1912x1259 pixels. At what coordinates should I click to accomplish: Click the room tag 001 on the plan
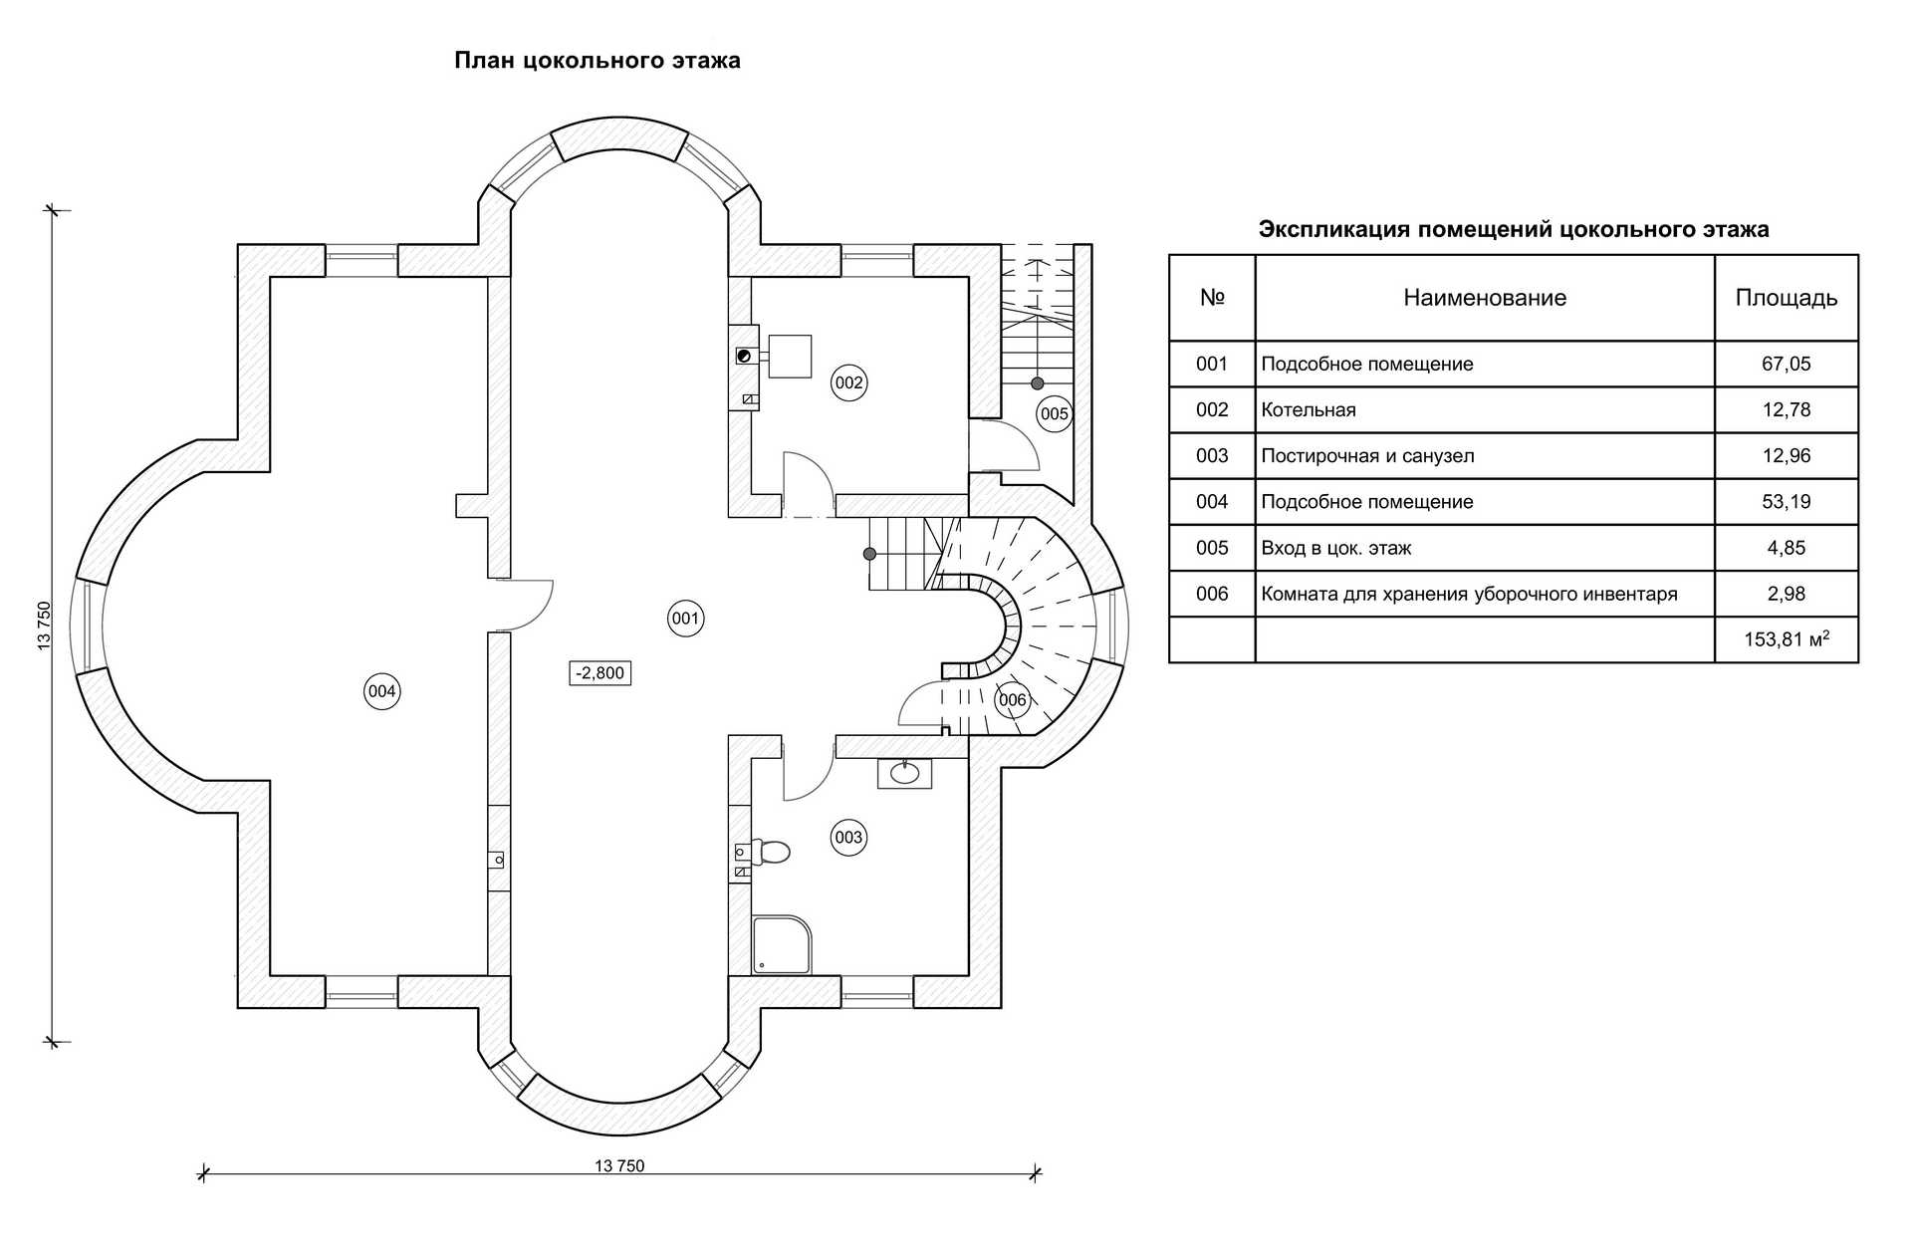(x=685, y=619)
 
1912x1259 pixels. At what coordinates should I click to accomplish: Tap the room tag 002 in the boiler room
(x=848, y=382)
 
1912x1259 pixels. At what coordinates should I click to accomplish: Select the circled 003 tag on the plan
(x=848, y=838)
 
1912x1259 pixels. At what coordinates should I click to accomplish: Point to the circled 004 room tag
(x=381, y=691)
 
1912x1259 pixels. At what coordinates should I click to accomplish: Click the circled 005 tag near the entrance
(x=1054, y=413)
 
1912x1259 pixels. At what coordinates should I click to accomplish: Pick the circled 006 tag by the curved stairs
(x=1012, y=700)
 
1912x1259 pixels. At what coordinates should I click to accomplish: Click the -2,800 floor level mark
(x=600, y=673)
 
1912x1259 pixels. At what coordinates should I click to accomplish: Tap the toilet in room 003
(x=771, y=852)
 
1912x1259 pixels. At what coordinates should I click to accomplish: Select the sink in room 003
(x=904, y=773)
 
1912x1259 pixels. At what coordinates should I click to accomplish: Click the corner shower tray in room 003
(x=781, y=944)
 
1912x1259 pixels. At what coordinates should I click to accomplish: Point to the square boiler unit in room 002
(x=789, y=356)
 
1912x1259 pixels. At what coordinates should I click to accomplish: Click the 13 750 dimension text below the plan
(x=619, y=1166)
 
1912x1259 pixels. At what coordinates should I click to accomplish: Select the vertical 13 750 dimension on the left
(x=44, y=627)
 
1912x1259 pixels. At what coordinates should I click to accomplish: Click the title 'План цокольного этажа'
(x=597, y=61)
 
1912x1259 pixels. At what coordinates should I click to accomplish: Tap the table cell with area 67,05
(x=1786, y=364)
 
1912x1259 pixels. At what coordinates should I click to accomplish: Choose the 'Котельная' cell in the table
(x=1309, y=409)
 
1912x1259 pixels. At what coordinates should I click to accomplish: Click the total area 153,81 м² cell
(x=1786, y=639)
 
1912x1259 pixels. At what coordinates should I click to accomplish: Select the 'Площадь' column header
(x=1786, y=298)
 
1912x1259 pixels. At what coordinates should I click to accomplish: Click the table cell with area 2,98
(x=1786, y=594)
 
